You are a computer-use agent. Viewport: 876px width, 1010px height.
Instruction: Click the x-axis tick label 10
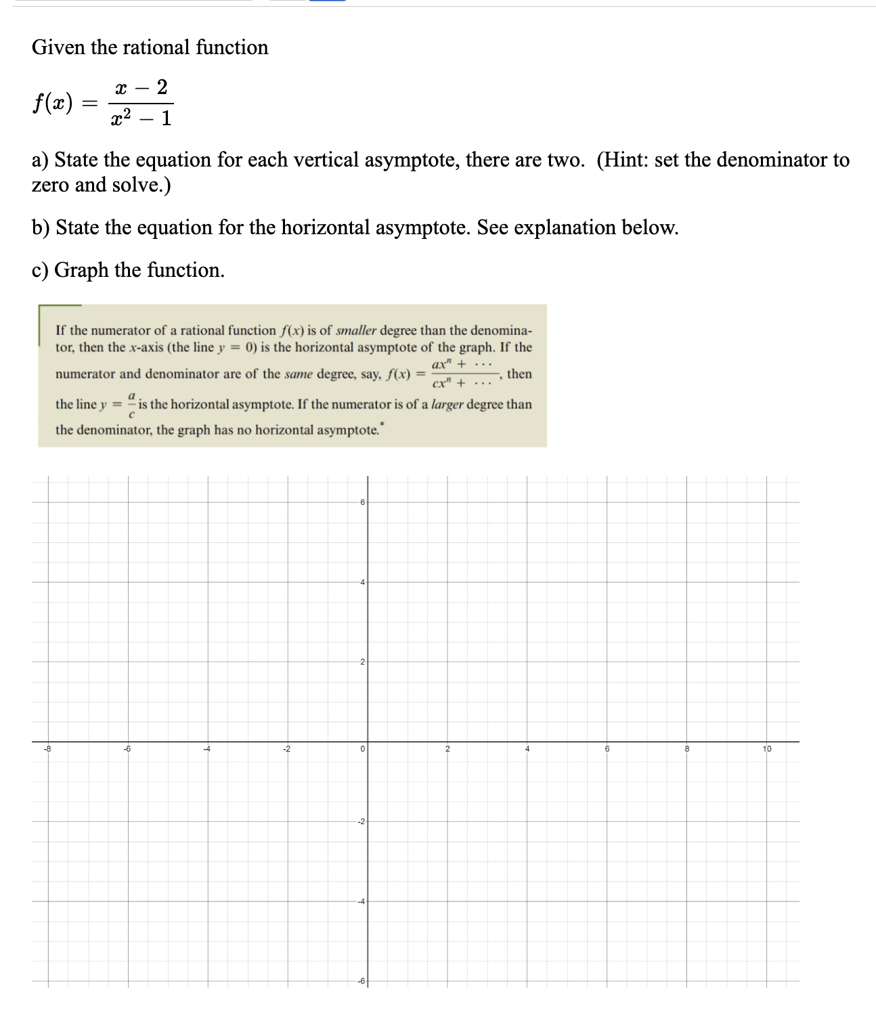coord(766,749)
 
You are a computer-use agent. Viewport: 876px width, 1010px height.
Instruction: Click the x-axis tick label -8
coord(45,749)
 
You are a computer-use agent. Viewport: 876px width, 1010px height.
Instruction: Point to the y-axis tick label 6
coord(362,502)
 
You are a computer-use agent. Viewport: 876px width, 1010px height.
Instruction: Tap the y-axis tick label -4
coord(361,902)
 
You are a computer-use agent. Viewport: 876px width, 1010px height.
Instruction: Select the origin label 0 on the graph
coord(363,749)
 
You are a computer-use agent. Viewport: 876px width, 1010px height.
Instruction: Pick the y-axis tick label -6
coord(361,982)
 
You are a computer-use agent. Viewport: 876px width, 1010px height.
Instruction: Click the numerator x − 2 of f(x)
coord(141,87)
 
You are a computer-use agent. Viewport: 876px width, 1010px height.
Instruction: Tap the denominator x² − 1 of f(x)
coord(141,118)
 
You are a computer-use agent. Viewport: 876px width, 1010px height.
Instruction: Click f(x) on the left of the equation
coord(52,103)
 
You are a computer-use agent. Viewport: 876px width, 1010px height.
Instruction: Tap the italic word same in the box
coord(299,374)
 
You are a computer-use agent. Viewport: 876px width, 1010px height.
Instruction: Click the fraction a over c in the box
coord(132,404)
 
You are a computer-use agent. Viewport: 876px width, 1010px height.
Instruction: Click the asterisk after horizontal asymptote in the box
coord(382,424)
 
